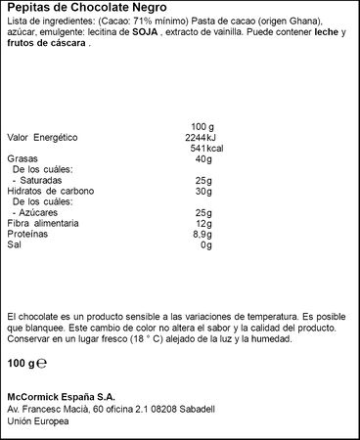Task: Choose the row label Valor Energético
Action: tap(41, 137)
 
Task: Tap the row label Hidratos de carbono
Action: tap(46, 190)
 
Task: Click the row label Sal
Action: tap(13, 244)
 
